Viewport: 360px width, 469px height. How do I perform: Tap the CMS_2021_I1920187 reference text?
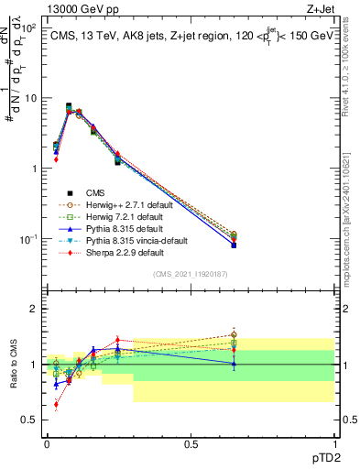pyautogui.click(x=191, y=274)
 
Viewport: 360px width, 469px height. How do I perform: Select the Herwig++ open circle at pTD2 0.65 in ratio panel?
pyautogui.click(x=234, y=334)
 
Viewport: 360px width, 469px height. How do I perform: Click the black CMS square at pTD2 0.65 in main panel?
pyautogui.click(x=234, y=245)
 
